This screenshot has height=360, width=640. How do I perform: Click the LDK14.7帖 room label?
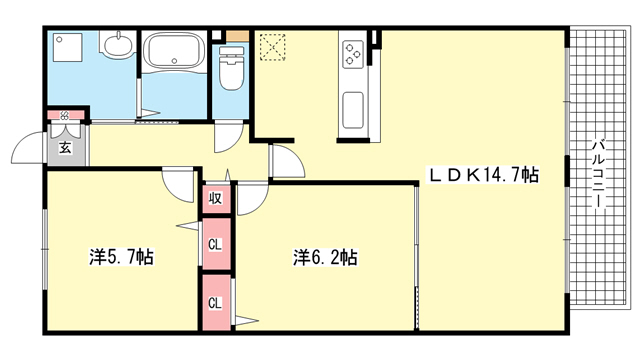point(483,175)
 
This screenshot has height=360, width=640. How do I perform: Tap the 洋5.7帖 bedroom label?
point(121,257)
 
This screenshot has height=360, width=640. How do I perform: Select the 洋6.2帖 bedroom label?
point(325,257)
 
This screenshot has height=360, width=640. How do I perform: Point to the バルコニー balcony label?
point(599,173)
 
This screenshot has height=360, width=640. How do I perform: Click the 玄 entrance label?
point(65,147)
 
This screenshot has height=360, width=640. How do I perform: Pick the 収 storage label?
point(215,198)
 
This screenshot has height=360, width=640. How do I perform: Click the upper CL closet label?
point(215,245)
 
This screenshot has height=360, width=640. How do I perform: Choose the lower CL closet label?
point(215,303)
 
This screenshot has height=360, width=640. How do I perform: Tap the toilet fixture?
point(231,67)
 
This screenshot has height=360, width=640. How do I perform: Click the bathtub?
point(176,50)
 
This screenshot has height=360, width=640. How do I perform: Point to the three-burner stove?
point(353,53)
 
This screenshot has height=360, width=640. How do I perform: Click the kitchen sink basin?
point(353,110)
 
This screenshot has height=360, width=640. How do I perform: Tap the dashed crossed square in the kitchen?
point(272,47)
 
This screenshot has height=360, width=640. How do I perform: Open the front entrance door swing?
point(28,147)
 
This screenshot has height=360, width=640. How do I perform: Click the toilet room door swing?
point(229,138)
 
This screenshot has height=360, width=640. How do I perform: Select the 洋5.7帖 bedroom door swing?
point(178,185)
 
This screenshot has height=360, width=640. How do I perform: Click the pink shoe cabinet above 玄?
point(66,115)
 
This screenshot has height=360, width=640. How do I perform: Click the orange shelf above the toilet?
point(238,36)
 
